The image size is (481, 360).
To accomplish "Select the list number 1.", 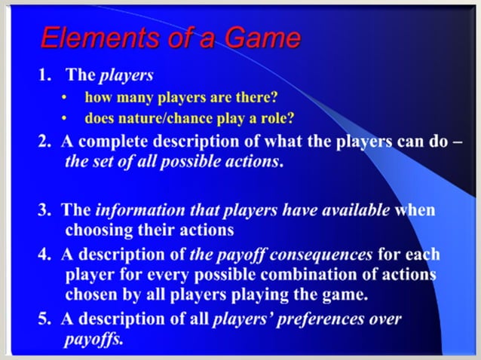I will pyautogui.click(x=43, y=75).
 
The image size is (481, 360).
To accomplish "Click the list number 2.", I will pyautogui.click(x=43, y=142).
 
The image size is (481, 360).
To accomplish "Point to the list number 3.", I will pyautogui.click(x=43, y=210).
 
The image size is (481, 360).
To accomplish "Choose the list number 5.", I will pyautogui.click(x=43, y=319).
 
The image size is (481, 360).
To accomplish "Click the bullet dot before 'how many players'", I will pyautogui.click(x=67, y=98).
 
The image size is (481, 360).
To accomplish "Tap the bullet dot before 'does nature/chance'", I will pyautogui.click(x=67, y=118).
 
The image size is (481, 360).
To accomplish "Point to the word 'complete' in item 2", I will pyautogui.click(x=110, y=142).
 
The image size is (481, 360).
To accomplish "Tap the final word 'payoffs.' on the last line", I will pyautogui.click(x=93, y=339).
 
